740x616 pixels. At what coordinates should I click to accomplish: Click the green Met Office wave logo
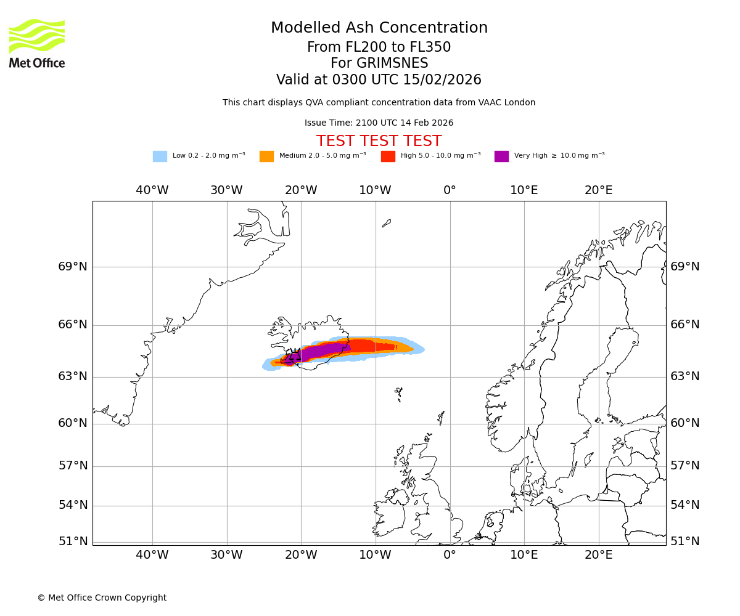(36, 36)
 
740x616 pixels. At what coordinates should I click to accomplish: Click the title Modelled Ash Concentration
(379, 28)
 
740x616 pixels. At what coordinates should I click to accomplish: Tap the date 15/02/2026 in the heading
(442, 80)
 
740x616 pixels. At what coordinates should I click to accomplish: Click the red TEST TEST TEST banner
(379, 141)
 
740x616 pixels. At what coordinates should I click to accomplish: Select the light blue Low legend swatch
(160, 156)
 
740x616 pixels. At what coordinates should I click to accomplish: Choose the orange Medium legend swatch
(266, 156)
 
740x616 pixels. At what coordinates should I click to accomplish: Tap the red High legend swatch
(388, 156)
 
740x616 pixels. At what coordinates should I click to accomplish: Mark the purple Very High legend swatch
(501, 156)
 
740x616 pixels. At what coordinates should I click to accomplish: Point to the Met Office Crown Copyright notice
(102, 598)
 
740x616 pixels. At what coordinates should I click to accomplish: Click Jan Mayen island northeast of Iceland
(386, 223)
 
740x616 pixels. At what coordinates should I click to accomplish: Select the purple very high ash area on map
(321, 351)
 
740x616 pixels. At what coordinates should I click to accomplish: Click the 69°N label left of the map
(73, 267)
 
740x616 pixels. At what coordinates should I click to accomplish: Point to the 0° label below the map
(450, 554)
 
